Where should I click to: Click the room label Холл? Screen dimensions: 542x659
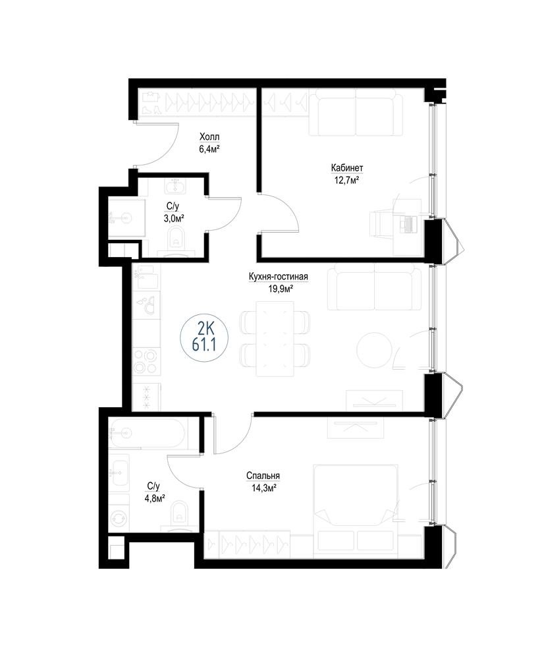pyautogui.click(x=209, y=137)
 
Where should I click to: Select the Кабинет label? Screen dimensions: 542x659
pyautogui.click(x=347, y=168)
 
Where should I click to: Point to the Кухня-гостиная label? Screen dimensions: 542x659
pyautogui.click(x=279, y=277)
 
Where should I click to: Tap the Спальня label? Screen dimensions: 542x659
pyautogui.click(x=263, y=476)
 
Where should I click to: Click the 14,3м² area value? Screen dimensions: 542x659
pyautogui.click(x=263, y=488)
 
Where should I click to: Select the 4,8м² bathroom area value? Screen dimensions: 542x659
pyautogui.click(x=153, y=498)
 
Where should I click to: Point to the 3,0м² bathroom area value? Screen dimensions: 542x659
pyautogui.click(x=173, y=218)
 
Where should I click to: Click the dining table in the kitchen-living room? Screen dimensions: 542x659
pyautogui.click(x=275, y=339)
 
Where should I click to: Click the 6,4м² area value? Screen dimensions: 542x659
pyautogui.click(x=209, y=149)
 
